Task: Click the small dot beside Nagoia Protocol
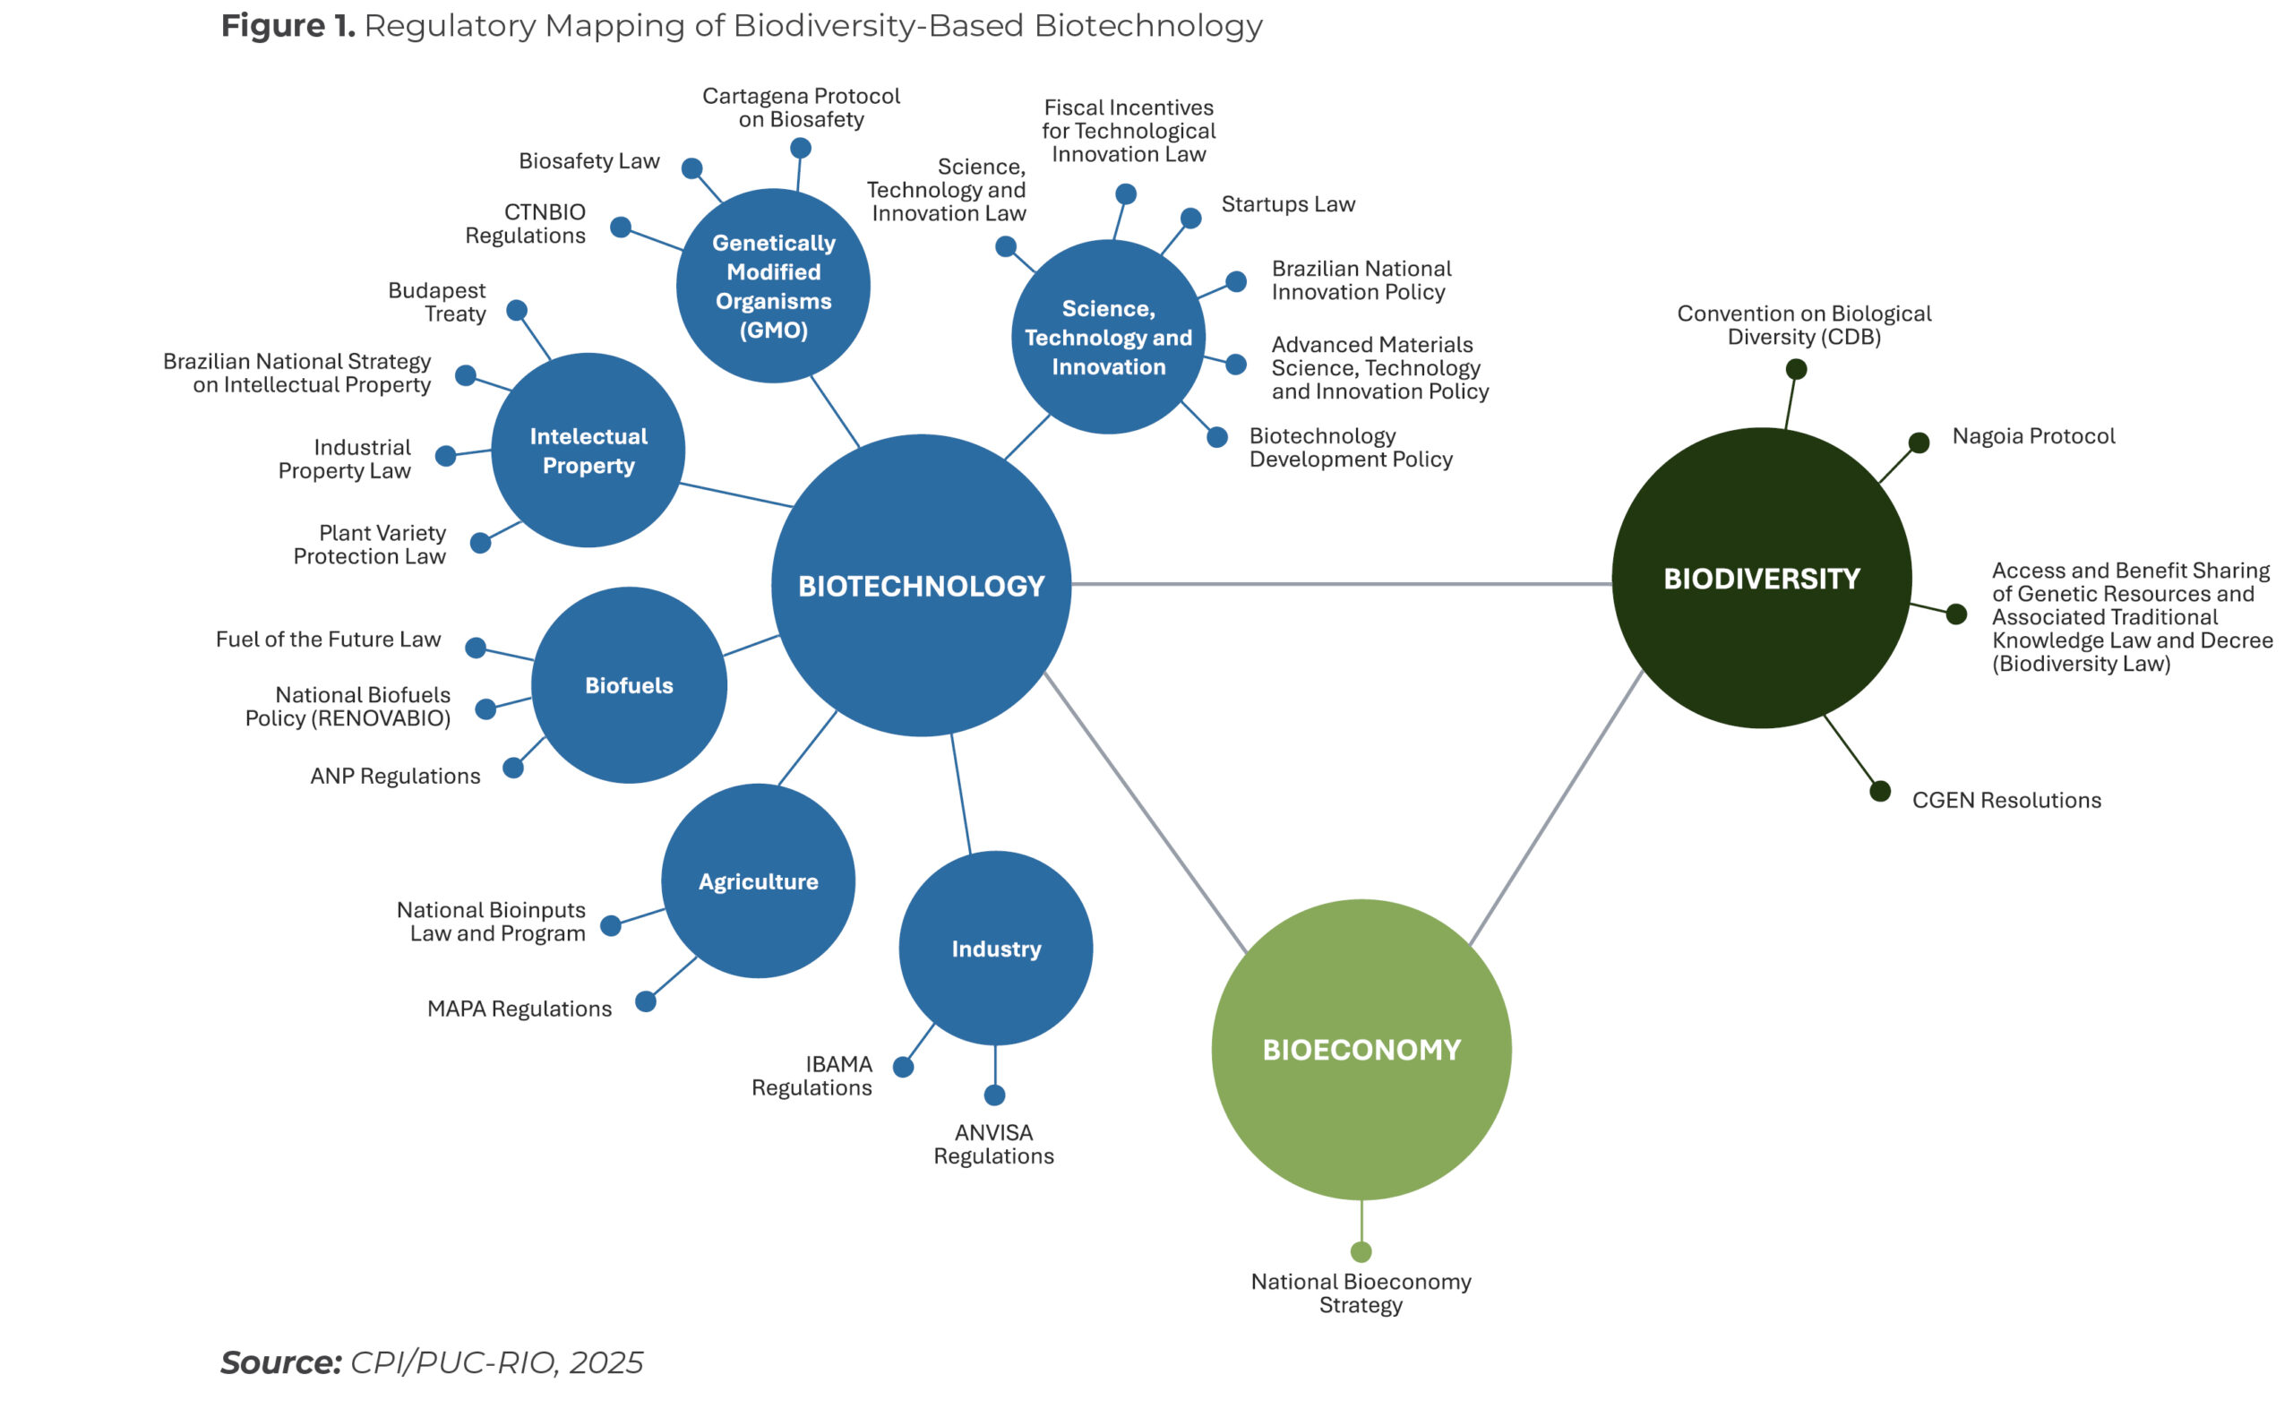coord(1919,442)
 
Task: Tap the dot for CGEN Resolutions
coord(1880,792)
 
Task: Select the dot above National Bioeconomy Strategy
coord(1361,1252)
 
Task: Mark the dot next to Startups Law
coord(1190,219)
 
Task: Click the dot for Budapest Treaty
coord(516,310)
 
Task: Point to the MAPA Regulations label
coord(520,1009)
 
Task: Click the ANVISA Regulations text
coord(993,1145)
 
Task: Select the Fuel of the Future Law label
coord(328,640)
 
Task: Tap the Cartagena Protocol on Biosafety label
coord(801,107)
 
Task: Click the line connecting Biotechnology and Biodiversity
coord(1340,584)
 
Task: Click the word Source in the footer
coord(280,1362)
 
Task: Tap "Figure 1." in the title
coord(288,25)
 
